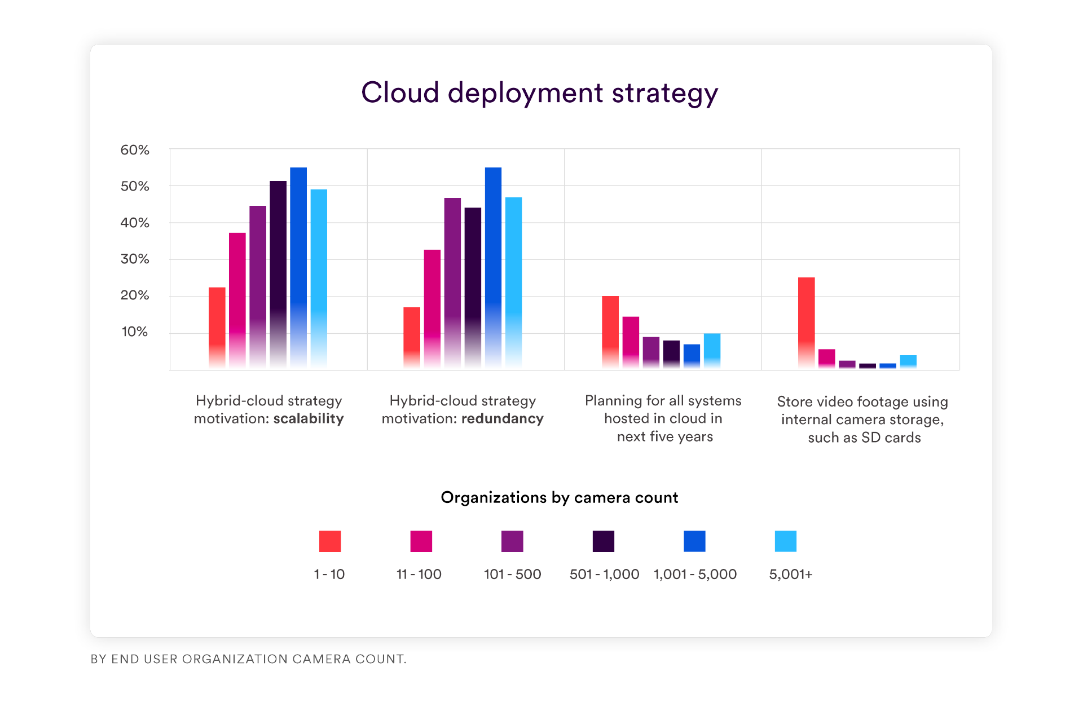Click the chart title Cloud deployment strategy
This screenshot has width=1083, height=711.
[x=539, y=93]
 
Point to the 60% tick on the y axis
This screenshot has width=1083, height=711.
[x=135, y=150]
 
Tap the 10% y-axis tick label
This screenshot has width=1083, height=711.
[x=135, y=332]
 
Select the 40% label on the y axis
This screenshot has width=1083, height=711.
[x=135, y=223]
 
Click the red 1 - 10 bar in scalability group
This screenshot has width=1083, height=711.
[x=217, y=327]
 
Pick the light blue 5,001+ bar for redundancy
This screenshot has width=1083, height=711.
[x=513, y=282]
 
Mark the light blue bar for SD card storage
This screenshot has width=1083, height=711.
[x=908, y=361]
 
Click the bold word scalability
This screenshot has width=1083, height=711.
[x=309, y=419]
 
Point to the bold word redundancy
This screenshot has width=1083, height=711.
[x=503, y=419]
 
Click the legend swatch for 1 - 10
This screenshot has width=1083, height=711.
[x=330, y=541]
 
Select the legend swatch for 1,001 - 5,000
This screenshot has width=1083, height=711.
[x=694, y=541]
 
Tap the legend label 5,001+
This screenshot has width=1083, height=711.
[x=791, y=575]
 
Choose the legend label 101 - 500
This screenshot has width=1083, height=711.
[x=512, y=575]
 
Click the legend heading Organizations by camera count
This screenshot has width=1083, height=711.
[x=559, y=498]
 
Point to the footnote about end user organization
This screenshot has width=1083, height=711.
[x=248, y=659]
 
